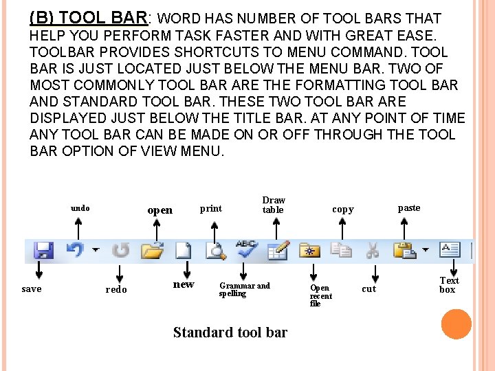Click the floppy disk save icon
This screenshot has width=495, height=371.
pos(43,250)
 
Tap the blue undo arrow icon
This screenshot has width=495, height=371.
pos(76,250)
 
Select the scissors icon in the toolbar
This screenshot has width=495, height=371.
pos(373,250)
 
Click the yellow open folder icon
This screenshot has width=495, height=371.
pos(152,250)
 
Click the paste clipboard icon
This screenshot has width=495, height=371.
pos(404,250)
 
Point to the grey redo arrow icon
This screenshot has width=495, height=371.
pos(121,250)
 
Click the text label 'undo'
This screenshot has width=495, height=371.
pos(80,208)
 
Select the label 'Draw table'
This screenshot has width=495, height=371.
pos(273,205)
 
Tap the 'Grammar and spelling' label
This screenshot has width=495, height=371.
pos(244,289)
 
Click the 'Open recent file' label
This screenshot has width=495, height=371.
pos(320,295)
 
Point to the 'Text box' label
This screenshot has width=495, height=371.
pos(449,284)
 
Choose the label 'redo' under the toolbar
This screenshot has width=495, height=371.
pos(116,290)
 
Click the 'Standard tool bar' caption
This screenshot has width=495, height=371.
pos(230,333)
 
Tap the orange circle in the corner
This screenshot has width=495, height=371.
pos(456,324)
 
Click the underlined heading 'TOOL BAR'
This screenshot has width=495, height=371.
pos(106,19)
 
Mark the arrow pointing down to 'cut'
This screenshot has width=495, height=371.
pos(372,270)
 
